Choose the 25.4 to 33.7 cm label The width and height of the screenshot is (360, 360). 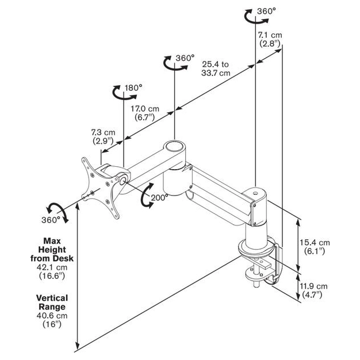[x=216, y=68]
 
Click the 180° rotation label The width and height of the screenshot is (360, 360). [x=133, y=88]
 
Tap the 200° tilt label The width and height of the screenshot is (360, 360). [x=159, y=198]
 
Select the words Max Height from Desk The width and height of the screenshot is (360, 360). [x=52, y=250]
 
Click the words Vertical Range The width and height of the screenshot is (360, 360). [x=52, y=302]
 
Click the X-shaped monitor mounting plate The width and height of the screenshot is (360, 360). [x=101, y=188]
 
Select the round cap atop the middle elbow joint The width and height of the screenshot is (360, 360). [x=174, y=147]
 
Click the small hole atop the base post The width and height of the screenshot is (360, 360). [x=255, y=193]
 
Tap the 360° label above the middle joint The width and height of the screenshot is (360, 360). [x=185, y=58]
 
